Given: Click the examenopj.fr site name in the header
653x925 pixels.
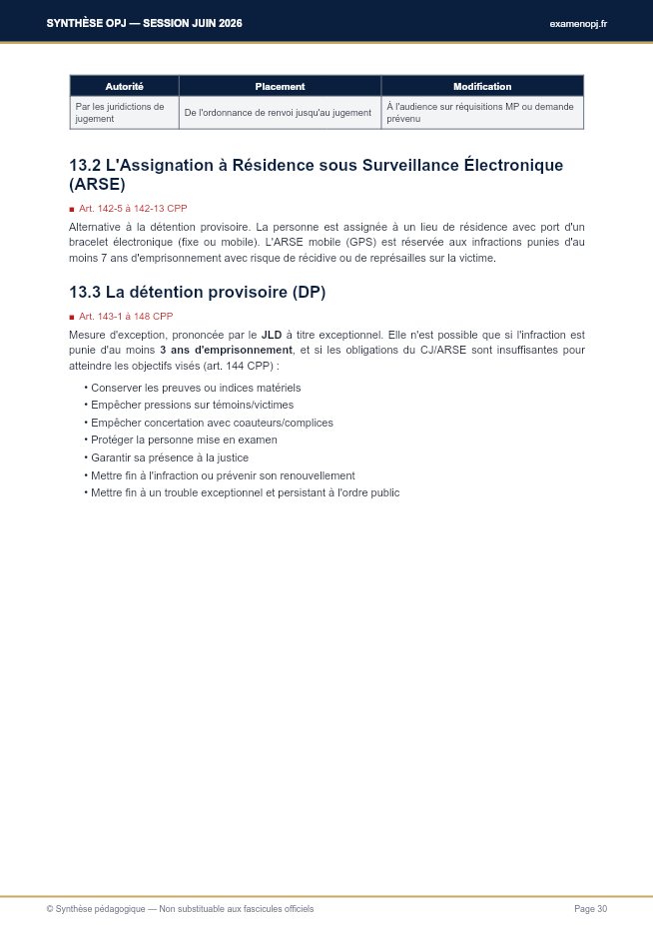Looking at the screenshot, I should click(x=578, y=23).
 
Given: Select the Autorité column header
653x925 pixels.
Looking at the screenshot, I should click(x=124, y=86).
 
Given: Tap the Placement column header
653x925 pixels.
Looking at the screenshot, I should click(x=280, y=86).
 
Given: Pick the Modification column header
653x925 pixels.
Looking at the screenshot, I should click(x=481, y=86).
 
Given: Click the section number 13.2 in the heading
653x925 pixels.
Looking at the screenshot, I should click(x=85, y=165).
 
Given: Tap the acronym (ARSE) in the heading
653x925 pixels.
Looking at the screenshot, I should click(x=97, y=185).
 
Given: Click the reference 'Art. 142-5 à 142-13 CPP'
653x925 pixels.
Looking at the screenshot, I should click(x=133, y=209).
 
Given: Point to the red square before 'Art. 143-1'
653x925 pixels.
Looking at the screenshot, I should click(x=72, y=317).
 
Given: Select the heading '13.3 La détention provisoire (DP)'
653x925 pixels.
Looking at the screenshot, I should click(x=197, y=292).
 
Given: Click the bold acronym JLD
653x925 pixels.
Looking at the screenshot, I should click(x=272, y=336).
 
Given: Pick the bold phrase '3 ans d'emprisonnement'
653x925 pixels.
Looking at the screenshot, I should click(x=226, y=351).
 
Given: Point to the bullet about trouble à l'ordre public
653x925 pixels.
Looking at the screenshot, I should click(x=245, y=492).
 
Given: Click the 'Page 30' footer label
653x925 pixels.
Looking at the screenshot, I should click(x=590, y=909).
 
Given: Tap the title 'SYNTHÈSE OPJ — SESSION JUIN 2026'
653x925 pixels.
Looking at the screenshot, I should click(x=144, y=23).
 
